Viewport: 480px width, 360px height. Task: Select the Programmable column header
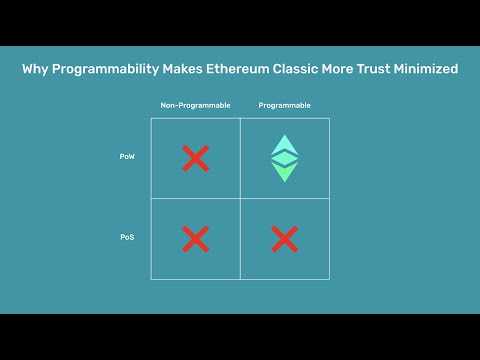284,105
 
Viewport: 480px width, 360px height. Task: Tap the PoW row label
126,157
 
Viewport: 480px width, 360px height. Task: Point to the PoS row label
126,238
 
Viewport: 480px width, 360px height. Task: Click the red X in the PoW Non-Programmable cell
196,157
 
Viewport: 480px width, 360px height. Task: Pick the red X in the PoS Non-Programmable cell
196,238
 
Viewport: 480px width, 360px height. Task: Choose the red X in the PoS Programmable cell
285,238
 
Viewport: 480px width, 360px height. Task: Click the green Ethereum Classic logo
285,157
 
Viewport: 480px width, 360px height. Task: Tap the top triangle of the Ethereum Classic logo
285,144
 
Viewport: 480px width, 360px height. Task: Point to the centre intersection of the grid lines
240,198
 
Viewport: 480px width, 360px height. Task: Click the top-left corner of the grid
151,118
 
